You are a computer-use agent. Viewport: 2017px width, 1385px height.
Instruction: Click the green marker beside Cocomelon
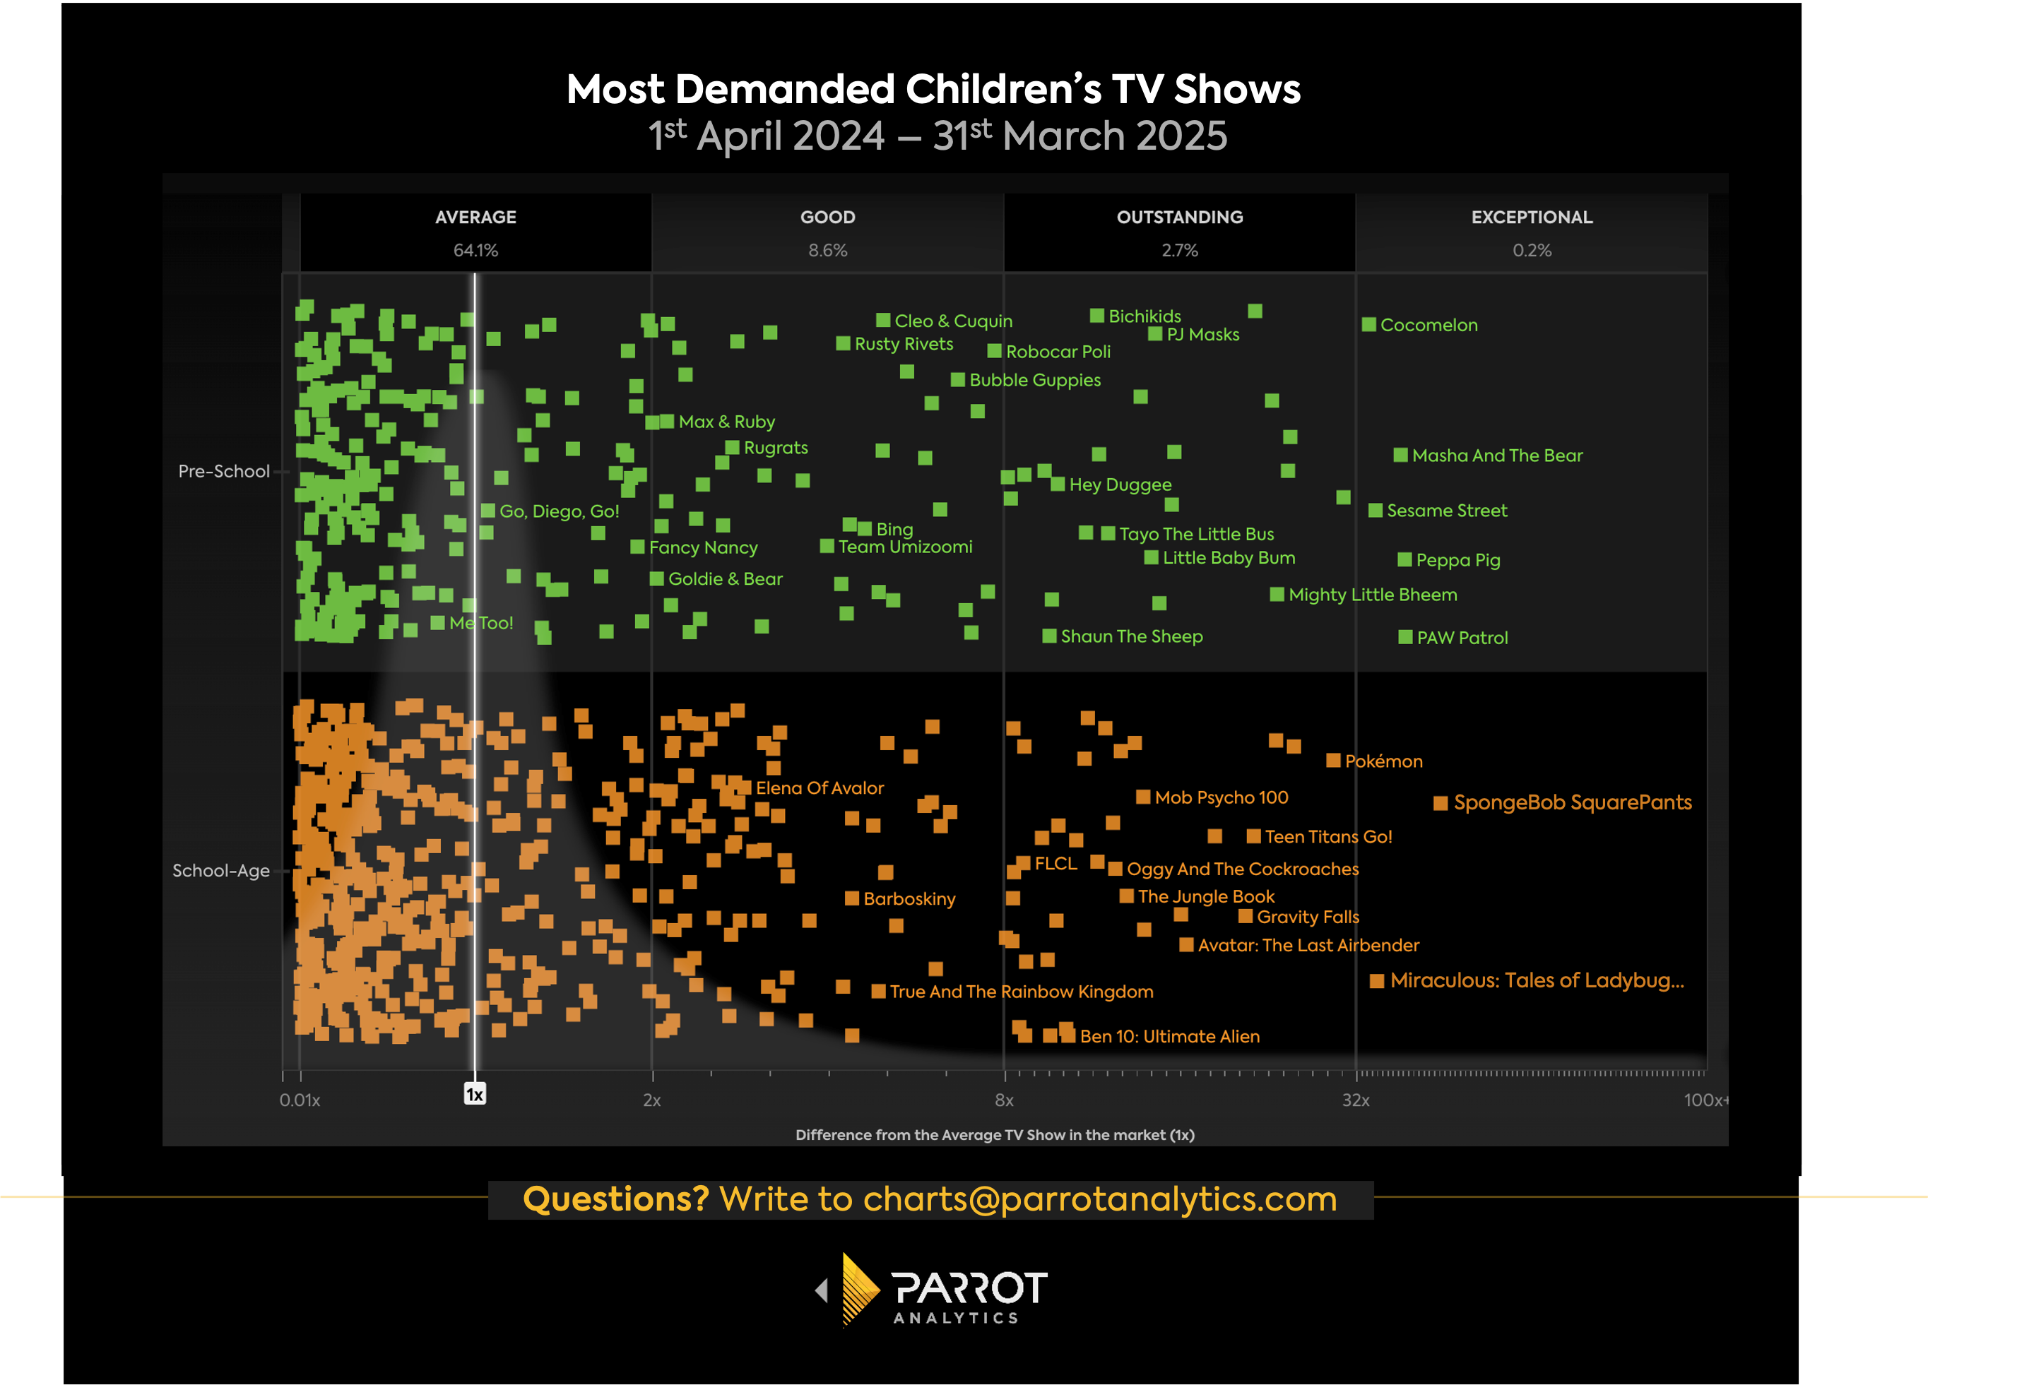[x=1368, y=325]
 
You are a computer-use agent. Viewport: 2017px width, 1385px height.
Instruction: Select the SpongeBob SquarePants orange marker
[x=1440, y=804]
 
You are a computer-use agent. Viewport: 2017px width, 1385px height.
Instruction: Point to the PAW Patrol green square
[x=1405, y=637]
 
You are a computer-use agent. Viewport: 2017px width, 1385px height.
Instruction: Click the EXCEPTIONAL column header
[x=1531, y=217]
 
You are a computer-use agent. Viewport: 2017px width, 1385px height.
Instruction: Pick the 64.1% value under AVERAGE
[x=475, y=251]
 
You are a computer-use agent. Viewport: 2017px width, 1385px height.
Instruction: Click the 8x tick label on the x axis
[x=1004, y=1100]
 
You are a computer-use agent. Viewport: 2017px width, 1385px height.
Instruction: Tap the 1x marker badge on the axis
[x=475, y=1094]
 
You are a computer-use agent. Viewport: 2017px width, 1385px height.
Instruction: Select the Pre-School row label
[x=223, y=471]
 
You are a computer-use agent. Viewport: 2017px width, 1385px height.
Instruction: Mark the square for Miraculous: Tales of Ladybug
[x=1376, y=982]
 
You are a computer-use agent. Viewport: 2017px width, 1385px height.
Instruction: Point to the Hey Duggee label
[x=1120, y=485]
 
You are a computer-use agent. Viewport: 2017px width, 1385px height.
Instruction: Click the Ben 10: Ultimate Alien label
[x=1169, y=1036]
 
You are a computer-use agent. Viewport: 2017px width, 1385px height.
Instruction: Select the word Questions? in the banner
[x=615, y=1199]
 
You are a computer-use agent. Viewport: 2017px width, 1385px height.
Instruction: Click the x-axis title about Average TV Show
[x=995, y=1135]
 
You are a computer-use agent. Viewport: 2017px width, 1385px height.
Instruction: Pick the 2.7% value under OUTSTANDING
[x=1180, y=251]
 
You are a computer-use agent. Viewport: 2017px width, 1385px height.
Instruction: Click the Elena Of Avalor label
[x=820, y=788]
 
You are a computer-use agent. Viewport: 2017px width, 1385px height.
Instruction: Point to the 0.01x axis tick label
[x=300, y=1100]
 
